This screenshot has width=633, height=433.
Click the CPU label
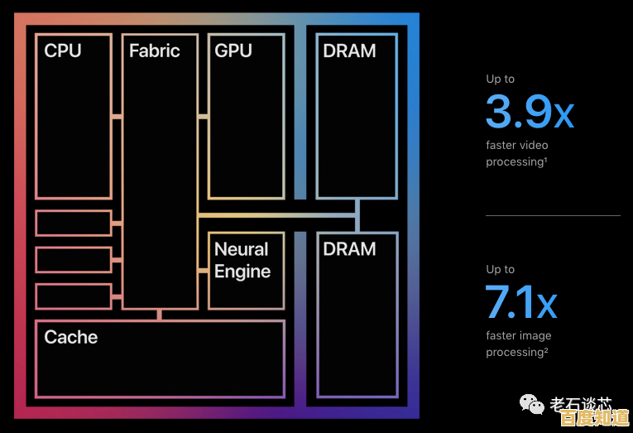click(63, 51)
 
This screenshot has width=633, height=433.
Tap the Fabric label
click(154, 51)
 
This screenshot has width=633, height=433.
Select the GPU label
click(233, 51)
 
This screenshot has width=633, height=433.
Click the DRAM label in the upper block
click(349, 51)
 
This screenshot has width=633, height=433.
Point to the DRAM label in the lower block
click(349, 249)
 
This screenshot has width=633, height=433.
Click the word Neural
click(241, 249)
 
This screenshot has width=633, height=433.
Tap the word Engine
click(242, 272)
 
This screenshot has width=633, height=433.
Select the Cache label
click(70, 338)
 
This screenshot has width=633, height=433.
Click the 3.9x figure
click(530, 112)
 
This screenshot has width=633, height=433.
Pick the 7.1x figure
click(521, 302)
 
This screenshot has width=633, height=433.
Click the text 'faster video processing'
click(517, 154)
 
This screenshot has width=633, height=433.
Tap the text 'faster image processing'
click(519, 344)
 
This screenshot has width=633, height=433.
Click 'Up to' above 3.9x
click(500, 79)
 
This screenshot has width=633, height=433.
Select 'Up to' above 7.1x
click(500, 270)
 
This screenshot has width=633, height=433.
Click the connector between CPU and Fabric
click(117, 117)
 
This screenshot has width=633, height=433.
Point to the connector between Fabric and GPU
click(203, 117)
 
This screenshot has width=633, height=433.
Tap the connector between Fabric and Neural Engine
click(203, 271)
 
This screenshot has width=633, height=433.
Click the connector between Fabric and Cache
click(159, 315)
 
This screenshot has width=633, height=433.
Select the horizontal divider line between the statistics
click(552, 216)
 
